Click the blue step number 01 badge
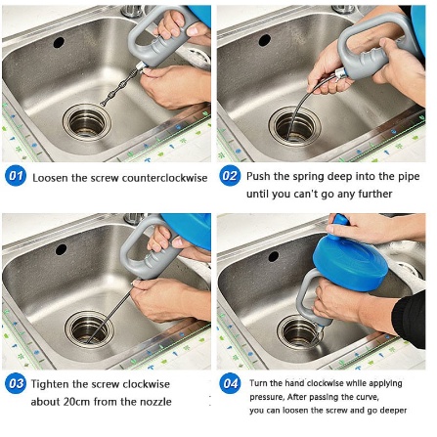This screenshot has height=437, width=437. pos(15,177)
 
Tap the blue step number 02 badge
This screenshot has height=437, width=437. pos(229,177)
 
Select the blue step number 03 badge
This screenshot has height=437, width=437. pos(15,383)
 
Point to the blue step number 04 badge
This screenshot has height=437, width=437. pos(229,383)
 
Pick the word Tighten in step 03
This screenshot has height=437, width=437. pos(51,383)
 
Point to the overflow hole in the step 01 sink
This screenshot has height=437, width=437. pos(59,42)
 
